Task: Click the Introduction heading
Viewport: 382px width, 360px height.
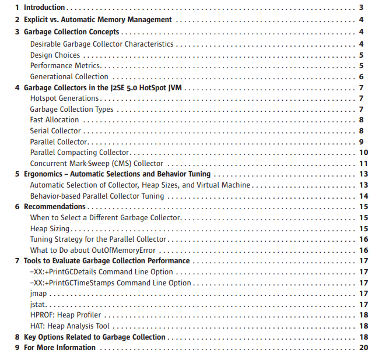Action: [44, 8]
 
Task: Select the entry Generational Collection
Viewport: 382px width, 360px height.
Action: [69, 76]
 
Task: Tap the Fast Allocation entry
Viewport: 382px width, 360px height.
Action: [54, 120]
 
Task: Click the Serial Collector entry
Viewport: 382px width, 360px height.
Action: [55, 131]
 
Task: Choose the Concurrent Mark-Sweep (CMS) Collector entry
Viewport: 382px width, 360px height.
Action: [96, 164]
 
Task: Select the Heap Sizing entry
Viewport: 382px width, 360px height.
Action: [50, 228]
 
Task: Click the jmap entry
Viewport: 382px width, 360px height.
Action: [38, 294]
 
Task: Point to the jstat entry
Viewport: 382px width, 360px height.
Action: [38, 304]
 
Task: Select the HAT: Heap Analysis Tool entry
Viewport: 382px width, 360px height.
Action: [69, 326]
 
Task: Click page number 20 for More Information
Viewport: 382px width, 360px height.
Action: [364, 348]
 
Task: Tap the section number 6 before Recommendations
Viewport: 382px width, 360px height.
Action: [17, 207]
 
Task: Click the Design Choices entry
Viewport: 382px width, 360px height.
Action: [55, 55]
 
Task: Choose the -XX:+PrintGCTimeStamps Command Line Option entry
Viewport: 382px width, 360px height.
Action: [110, 283]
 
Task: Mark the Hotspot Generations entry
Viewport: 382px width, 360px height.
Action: [64, 98]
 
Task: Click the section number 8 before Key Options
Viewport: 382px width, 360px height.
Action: [17, 337]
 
